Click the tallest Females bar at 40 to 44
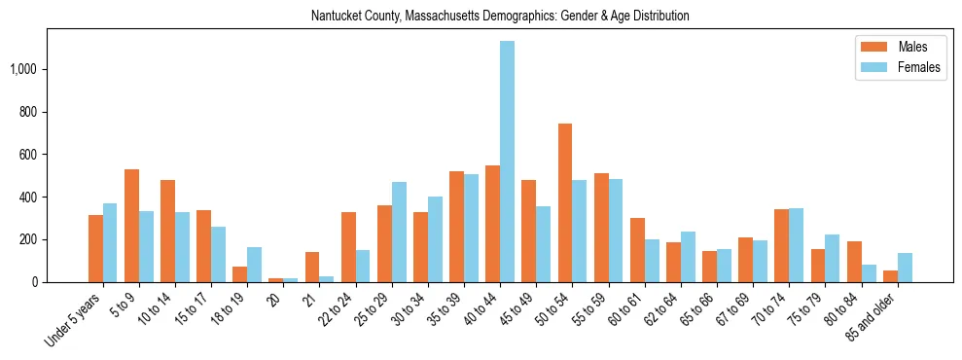tap(507, 162)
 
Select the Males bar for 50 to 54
tap(565, 202)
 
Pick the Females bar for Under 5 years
tap(110, 242)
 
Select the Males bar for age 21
tap(312, 267)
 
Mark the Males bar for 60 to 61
tap(637, 250)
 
